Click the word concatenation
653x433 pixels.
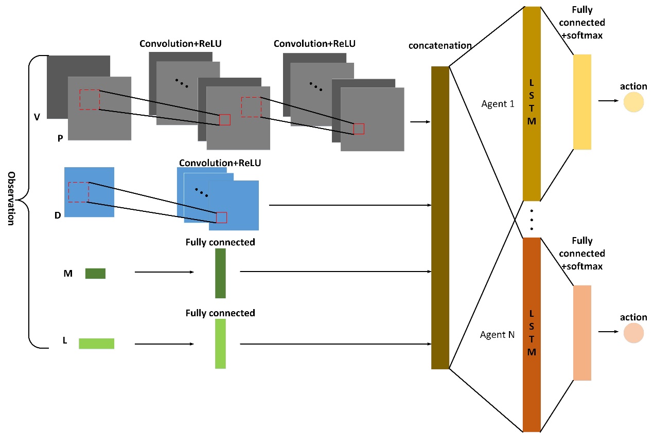click(440, 46)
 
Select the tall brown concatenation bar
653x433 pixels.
click(440, 218)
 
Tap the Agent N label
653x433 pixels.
click(497, 335)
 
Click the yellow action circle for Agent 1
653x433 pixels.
click(633, 102)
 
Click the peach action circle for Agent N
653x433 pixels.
click(633, 333)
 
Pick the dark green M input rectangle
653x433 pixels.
click(95, 274)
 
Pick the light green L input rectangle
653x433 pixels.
click(96, 344)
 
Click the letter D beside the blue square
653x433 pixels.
click(58, 215)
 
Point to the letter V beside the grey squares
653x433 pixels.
click(37, 117)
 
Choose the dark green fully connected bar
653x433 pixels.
click(220, 273)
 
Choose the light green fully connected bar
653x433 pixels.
click(220, 344)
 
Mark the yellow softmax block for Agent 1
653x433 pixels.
click(582, 102)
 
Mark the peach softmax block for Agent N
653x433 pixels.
click(582, 333)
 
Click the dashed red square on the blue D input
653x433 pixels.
click(79, 192)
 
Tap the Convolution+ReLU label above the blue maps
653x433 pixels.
click(220, 163)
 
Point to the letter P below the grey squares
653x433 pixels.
click(60, 139)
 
